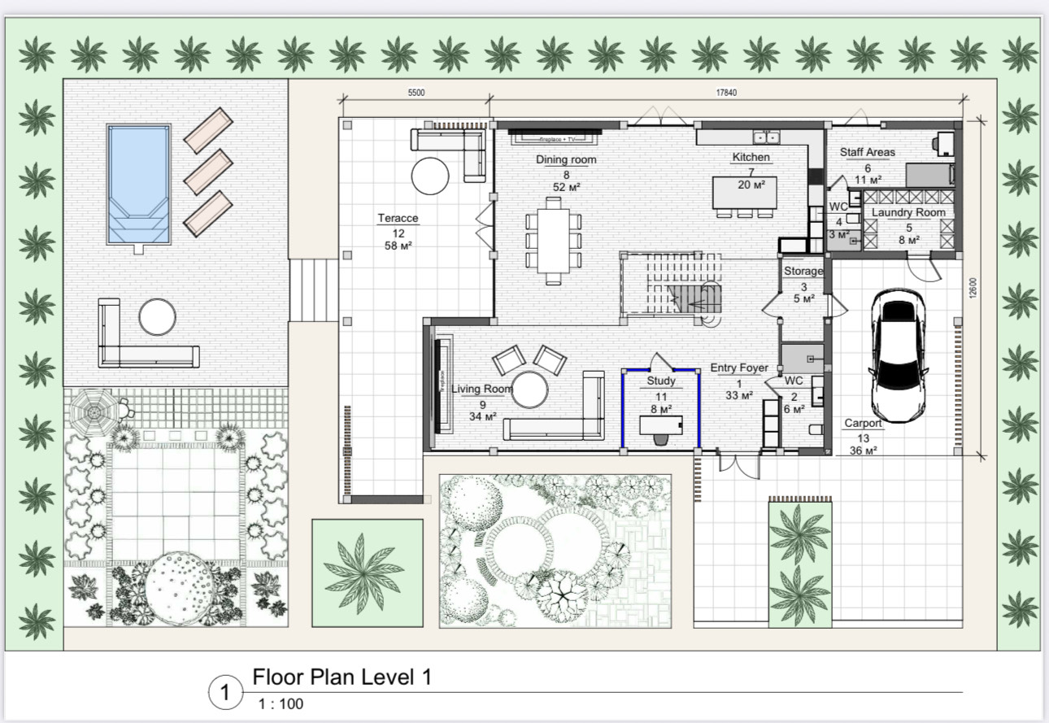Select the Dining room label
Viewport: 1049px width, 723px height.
click(x=565, y=160)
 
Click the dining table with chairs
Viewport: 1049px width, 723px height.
click(x=554, y=242)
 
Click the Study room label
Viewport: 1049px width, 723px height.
click(x=661, y=381)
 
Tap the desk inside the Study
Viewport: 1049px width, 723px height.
click(x=660, y=425)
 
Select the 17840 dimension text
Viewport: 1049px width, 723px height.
click(x=726, y=93)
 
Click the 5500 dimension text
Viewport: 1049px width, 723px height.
click(x=416, y=93)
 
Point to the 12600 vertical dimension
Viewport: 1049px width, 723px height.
click(x=973, y=288)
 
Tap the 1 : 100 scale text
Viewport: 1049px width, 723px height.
click(x=281, y=704)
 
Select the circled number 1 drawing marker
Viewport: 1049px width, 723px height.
click(x=226, y=694)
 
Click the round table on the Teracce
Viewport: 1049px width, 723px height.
click(x=429, y=174)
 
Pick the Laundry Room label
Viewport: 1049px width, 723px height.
click(x=908, y=213)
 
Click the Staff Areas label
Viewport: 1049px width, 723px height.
click(x=867, y=152)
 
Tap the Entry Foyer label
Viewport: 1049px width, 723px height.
click(x=738, y=368)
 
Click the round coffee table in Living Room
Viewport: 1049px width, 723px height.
click(x=531, y=390)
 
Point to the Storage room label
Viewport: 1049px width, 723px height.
click(x=803, y=271)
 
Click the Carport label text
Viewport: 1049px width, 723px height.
click(x=863, y=424)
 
